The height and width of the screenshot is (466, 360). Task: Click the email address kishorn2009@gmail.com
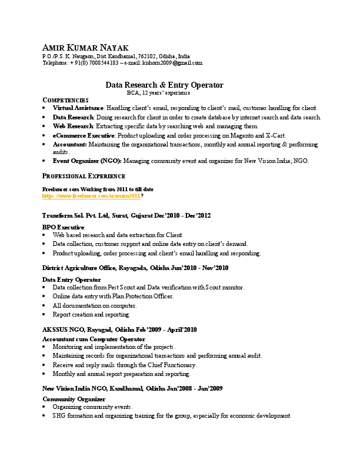[174, 62]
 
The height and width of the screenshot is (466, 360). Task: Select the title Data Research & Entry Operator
[164, 85]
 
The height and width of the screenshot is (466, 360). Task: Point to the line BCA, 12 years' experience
[159, 93]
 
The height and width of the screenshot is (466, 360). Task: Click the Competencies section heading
[65, 101]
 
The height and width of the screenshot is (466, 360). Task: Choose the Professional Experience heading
[84, 176]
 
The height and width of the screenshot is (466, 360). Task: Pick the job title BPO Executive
[63, 227]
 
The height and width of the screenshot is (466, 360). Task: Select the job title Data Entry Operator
[72, 279]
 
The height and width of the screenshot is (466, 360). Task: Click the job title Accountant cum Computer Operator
[94, 339]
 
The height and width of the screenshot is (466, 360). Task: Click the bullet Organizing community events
[93, 407]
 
